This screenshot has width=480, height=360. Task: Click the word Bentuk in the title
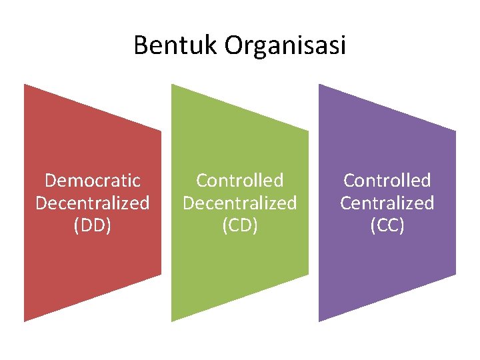pos(176,45)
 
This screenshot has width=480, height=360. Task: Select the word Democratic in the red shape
pos(93,181)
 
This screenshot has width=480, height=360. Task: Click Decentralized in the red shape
pos(93,203)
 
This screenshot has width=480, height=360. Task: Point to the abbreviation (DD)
pos(93,225)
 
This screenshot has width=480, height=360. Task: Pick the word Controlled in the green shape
pos(240,181)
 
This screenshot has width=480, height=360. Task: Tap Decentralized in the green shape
pos(240,203)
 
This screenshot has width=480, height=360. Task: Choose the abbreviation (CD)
pos(240,225)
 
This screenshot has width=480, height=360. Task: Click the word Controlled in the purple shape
pos(387,181)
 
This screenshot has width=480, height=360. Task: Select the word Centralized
pos(387,203)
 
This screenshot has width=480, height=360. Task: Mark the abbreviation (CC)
pos(387,225)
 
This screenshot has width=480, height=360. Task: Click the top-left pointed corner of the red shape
pos(25,85)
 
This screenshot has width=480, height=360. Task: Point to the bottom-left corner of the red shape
pos(25,321)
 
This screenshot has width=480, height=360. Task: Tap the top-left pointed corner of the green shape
pos(172,85)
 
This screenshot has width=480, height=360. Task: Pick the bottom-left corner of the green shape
pos(172,321)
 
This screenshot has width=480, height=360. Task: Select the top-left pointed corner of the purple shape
pos(319,85)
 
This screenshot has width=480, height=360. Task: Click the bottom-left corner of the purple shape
pos(319,321)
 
